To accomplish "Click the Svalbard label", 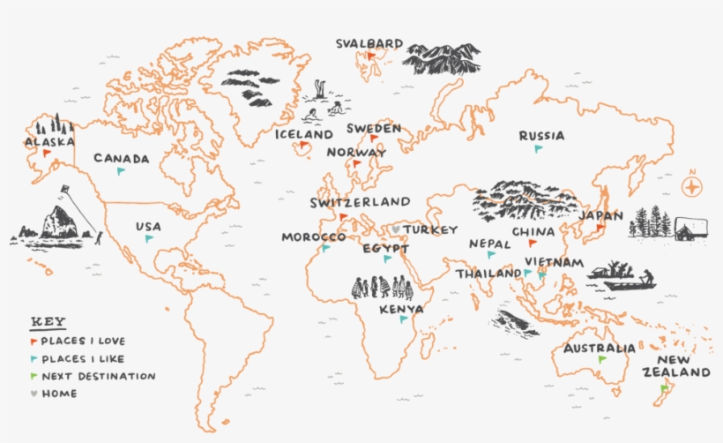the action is [x=369, y=43].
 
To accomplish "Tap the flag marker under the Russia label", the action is [x=538, y=149].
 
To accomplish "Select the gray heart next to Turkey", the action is [x=397, y=230].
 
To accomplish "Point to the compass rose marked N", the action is [x=694, y=186].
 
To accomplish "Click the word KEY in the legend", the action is [x=48, y=321].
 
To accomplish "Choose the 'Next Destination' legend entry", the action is [x=98, y=376].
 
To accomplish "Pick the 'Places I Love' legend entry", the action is [x=83, y=341].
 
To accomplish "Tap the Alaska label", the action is [x=49, y=141].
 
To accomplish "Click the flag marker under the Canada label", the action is [x=122, y=171].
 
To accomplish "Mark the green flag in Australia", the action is [x=601, y=360].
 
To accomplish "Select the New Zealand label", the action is [x=682, y=366].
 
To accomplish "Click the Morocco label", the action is [x=313, y=237].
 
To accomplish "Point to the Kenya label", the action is [x=401, y=310].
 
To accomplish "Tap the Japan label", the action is [x=601, y=215].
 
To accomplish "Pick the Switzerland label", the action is [x=360, y=202].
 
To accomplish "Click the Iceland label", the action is [x=303, y=135].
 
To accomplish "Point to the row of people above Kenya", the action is [x=383, y=288].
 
